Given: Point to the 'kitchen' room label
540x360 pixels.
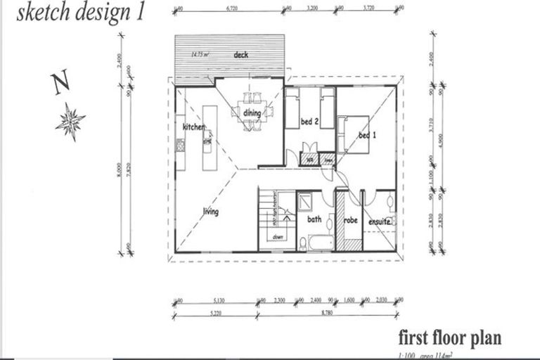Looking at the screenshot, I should (x=194, y=127).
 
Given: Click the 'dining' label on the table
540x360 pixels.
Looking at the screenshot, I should (x=252, y=113).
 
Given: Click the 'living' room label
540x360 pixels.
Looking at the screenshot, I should (x=210, y=212).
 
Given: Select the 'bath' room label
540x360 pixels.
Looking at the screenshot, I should (x=314, y=219).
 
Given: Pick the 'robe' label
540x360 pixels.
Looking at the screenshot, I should (x=350, y=220).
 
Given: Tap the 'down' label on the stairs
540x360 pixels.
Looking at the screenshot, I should (x=278, y=237).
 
